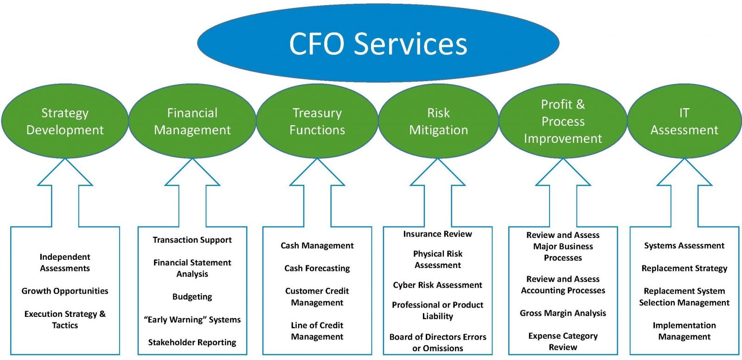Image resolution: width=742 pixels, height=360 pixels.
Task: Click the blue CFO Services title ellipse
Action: [378, 43]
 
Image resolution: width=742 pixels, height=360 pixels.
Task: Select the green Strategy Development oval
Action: [65, 121]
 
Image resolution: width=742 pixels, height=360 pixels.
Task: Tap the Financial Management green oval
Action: [192, 121]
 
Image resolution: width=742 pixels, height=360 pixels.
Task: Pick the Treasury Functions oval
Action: [317, 121]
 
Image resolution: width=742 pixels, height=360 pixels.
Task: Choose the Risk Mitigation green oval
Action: [438, 121]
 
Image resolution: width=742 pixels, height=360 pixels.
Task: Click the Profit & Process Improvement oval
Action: [563, 121]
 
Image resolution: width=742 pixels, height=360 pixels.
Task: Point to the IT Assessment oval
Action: [684, 121]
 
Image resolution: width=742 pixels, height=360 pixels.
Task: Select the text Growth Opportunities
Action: [65, 291]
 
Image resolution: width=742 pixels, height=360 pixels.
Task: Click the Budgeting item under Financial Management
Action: [192, 297]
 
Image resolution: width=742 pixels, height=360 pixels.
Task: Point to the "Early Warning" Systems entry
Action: [192, 320]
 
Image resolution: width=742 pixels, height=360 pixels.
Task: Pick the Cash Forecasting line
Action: [317, 268]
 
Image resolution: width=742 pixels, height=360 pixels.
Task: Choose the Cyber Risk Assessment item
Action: [438, 285]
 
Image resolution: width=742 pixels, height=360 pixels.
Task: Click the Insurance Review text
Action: [438, 234]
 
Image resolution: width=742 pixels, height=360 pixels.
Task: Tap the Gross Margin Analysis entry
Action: [563, 313]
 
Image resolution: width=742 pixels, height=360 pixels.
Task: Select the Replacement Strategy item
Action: [684, 268]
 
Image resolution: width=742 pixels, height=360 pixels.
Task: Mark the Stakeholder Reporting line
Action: [192, 342]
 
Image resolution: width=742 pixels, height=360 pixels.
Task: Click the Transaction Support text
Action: [192, 240]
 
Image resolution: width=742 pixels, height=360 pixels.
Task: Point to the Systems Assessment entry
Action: [684, 245]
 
